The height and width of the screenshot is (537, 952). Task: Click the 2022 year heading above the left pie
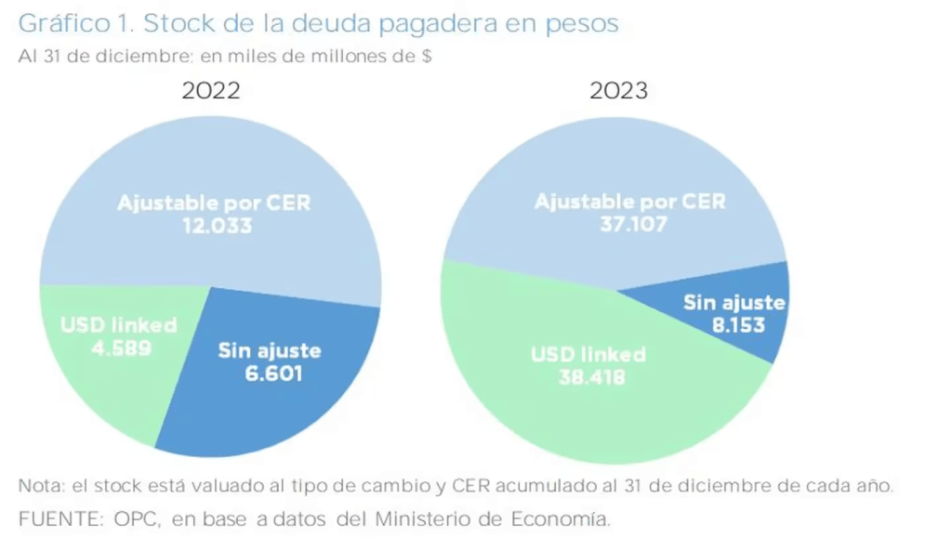click(x=211, y=90)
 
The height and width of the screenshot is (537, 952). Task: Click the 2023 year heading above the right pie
click(x=618, y=90)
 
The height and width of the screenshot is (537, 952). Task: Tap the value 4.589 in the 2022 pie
click(x=119, y=349)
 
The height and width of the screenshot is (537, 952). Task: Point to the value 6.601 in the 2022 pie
click(x=270, y=374)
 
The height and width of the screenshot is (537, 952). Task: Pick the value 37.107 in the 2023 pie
click(x=629, y=224)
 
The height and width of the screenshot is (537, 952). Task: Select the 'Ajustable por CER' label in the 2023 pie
click(x=629, y=201)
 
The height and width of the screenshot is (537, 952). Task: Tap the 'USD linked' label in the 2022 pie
click(x=119, y=326)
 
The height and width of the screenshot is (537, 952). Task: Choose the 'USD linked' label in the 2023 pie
click(x=588, y=355)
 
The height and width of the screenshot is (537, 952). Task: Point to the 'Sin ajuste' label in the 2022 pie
click(x=270, y=350)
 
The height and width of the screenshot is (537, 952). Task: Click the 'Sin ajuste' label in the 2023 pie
click(x=734, y=302)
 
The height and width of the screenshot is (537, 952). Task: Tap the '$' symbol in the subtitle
click(x=426, y=56)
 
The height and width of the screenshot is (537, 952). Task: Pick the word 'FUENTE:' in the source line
click(x=51, y=517)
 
